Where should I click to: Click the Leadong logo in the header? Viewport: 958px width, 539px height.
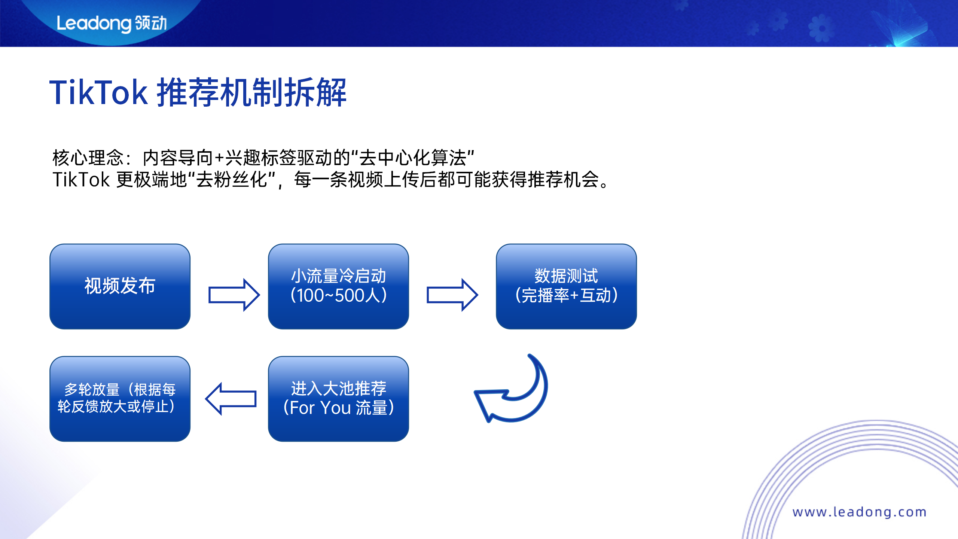(x=111, y=23)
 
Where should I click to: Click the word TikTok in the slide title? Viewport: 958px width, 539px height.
(x=98, y=92)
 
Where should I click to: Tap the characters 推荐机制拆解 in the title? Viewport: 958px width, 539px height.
(x=251, y=92)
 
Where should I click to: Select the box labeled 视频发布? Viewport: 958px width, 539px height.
(x=120, y=286)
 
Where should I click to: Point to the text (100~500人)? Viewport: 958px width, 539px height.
(x=338, y=296)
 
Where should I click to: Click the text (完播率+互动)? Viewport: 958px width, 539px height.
(x=566, y=296)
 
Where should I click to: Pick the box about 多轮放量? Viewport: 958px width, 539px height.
(x=120, y=398)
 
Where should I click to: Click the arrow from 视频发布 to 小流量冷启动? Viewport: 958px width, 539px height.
(x=234, y=295)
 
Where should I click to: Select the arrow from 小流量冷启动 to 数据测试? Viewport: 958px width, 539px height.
(x=452, y=295)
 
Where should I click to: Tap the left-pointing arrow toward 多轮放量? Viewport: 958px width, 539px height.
(x=231, y=399)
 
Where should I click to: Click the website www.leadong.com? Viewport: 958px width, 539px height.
(x=859, y=512)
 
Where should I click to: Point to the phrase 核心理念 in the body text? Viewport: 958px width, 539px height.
(x=88, y=158)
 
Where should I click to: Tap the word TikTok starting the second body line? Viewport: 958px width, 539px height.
(x=81, y=180)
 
